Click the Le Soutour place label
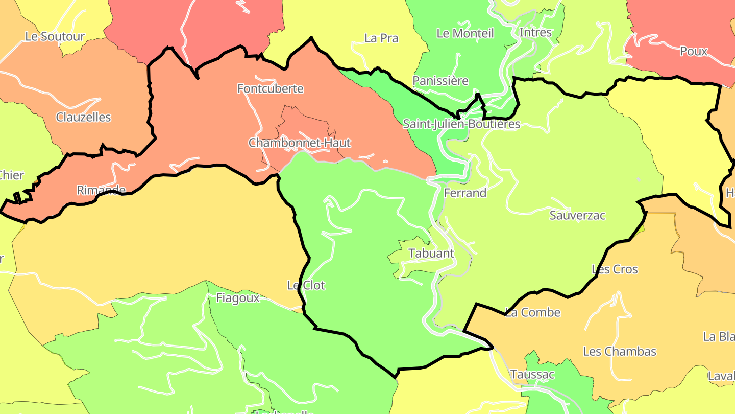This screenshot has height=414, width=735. point(55,37)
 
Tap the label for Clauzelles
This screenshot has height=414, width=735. point(83,117)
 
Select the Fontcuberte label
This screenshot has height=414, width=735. point(271,89)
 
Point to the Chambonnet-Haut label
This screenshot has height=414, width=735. point(300,143)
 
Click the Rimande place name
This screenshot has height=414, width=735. point(101,190)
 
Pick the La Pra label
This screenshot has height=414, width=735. point(381,38)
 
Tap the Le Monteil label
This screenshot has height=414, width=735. point(465,34)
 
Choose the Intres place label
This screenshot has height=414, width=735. point(535,33)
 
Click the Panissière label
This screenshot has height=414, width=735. point(440,81)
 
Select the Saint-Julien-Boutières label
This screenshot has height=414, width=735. point(461,124)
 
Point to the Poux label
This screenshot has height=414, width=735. point(694,51)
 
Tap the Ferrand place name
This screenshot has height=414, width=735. point(465,193)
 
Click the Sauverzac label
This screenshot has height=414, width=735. point(577,215)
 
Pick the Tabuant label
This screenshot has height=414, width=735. point(431,253)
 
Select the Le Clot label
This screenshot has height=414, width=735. point(306,285)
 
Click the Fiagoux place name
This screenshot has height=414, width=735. point(238,297)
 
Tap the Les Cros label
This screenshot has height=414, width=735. point(615,269)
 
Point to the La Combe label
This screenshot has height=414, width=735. point(533,312)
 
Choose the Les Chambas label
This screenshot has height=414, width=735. point(620,351)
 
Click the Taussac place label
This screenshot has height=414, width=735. point(532,374)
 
